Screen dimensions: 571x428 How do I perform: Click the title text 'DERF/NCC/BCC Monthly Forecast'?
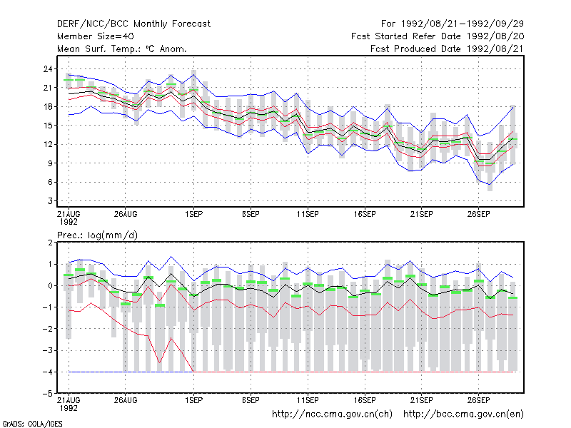click(x=133, y=24)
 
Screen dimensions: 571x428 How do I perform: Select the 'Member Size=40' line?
click(x=96, y=36)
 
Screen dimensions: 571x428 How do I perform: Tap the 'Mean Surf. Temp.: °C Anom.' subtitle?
click(x=122, y=49)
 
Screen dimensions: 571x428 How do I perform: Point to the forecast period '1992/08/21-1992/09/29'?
click(x=462, y=24)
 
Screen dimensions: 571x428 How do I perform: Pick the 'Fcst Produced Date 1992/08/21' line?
click(x=447, y=49)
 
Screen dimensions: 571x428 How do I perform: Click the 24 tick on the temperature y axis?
click(x=48, y=68)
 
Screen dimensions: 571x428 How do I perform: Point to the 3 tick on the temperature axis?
click(x=50, y=201)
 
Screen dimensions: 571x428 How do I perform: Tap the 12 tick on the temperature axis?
click(x=48, y=145)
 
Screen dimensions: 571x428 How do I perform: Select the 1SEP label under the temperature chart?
click(x=193, y=214)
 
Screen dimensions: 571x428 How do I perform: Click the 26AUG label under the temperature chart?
click(x=126, y=214)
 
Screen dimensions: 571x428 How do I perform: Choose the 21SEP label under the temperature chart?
click(x=422, y=214)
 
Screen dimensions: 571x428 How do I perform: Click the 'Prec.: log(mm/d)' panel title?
click(x=97, y=235)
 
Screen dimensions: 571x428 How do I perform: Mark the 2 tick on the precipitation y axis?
click(x=50, y=243)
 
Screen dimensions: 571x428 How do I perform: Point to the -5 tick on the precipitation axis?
click(x=47, y=394)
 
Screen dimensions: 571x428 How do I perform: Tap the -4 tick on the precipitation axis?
click(x=47, y=372)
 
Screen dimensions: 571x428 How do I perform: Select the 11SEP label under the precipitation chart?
click(x=308, y=400)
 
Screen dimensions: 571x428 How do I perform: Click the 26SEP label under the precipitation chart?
click(x=478, y=400)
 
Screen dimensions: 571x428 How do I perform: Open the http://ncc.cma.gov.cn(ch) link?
click(x=332, y=414)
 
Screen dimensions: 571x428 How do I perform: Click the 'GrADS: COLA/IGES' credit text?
click(x=32, y=424)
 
